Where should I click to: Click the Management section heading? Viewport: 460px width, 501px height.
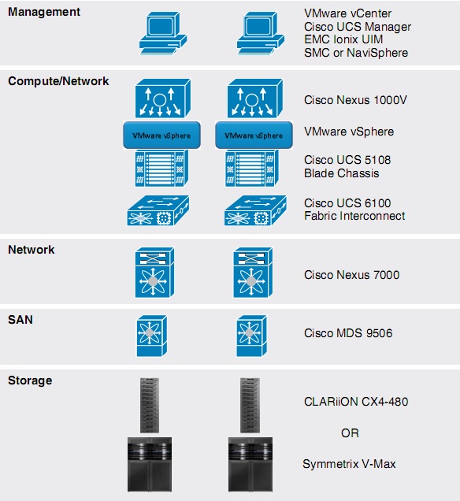pos(44,12)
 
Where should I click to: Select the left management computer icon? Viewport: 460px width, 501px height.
pos(163,33)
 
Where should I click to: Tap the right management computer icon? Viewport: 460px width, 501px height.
pos(261,33)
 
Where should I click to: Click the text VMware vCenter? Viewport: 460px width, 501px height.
pos(347,13)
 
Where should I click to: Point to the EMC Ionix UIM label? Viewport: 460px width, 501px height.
pos(343,39)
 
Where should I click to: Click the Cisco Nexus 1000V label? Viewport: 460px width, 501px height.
pos(355,100)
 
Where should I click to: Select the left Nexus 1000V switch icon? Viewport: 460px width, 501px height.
pos(163,98)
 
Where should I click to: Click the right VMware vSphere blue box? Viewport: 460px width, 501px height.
pos(254,135)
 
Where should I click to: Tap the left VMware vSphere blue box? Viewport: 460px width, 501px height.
pos(162,135)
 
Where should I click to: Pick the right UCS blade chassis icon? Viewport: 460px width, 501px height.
pos(252,168)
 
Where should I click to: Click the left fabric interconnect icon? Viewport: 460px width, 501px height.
pos(158,210)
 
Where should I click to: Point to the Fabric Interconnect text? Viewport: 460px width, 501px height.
pos(354,216)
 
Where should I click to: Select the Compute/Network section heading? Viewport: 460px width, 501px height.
pos(58,81)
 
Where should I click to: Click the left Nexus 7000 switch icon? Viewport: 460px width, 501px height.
pos(154,273)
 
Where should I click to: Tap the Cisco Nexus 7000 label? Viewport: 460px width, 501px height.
pos(352,275)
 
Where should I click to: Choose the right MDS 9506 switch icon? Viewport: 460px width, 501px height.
pos(252,336)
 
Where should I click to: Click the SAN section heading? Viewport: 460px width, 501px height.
pos(20,320)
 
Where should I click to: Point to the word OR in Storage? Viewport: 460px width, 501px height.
pos(350,433)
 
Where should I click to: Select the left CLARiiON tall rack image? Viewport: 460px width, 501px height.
pos(150,405)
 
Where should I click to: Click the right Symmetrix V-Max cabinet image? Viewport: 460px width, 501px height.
pos(250,464)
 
